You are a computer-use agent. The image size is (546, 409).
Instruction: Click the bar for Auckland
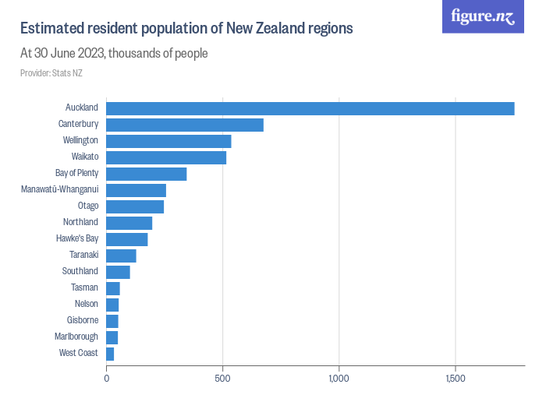pyautogui.click(x=310, y=108)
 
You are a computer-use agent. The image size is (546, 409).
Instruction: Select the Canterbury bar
pyautogui.click(x=184, y=125)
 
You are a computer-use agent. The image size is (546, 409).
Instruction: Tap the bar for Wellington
pyautogui.click(x=168, y=141)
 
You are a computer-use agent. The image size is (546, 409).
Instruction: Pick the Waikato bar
pyautogui.click(x=166, y=157)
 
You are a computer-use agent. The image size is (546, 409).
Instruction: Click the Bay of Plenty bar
pyautogui.click(x=146, y=174)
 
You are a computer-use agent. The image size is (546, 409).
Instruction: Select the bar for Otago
pyautogui.click(x=135, y=206)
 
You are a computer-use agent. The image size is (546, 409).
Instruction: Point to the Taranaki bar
pyautogui.click(x=121, y=256)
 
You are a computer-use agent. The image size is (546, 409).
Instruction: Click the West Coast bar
pyautogui.click(x=110, y=354)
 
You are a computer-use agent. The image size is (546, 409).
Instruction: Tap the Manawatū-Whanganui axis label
pyautogui.click(x=59, y=189)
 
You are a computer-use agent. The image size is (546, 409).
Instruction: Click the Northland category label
pyautogui.click(x=80, y=222)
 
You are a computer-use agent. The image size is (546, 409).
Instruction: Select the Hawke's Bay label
pyautogui.click(x=77, y=238)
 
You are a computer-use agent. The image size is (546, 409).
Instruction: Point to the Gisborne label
pyautogui.click(x=82, y=320)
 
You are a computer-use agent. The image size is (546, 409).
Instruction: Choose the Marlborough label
pyautogui.click(x=76, y=337)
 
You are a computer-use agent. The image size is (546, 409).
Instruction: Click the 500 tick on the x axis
pyautogui.click(x=223, y=379)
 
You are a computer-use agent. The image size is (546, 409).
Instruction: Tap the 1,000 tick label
pyautogui.click(x=339, y=379)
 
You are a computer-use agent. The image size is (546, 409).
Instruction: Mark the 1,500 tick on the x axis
pyautogui.click(x=456, y=379)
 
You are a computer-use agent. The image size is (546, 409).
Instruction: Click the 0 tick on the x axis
pyautogui.click(x=107, y=379)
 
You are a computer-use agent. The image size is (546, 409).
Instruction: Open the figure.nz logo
pyautogui.click(x=483, y=16)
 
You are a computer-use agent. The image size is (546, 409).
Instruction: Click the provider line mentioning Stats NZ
pyautogui.click(x=51, y=73)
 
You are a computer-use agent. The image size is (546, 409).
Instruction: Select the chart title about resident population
pyautogui.click(x=186, y=29)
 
